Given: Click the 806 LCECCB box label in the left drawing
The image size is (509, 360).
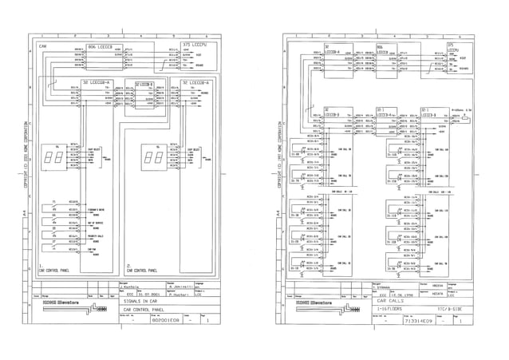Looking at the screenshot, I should pyautogui.click(x=103, y=48).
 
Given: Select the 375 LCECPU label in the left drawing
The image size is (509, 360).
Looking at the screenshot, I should pyautogui.click(x=195, y=44).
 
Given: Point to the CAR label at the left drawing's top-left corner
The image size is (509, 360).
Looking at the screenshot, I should pyautogui.click(x=45, y=47).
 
